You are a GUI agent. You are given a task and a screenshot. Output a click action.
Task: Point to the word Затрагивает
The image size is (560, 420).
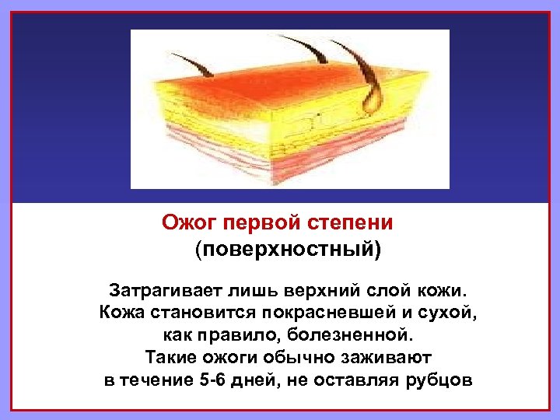pos(160,292)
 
